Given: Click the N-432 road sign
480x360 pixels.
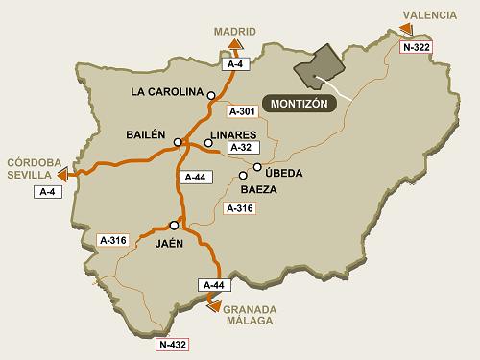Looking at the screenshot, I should click(x=174, y=343).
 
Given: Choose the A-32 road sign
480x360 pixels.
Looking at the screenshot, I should click(x=242, y=149).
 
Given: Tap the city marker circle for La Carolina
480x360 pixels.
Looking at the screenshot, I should click(x=211, y=93).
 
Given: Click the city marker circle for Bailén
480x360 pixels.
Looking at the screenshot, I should click(x=178, y=142).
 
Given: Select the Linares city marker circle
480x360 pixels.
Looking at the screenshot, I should click(x=208, y=143).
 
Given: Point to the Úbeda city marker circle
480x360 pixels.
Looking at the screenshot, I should click(x=257, y=168).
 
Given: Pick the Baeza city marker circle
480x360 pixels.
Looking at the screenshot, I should click(x=243, y=176).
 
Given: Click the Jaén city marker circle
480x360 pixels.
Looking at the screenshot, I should click(x=174, y=225).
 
